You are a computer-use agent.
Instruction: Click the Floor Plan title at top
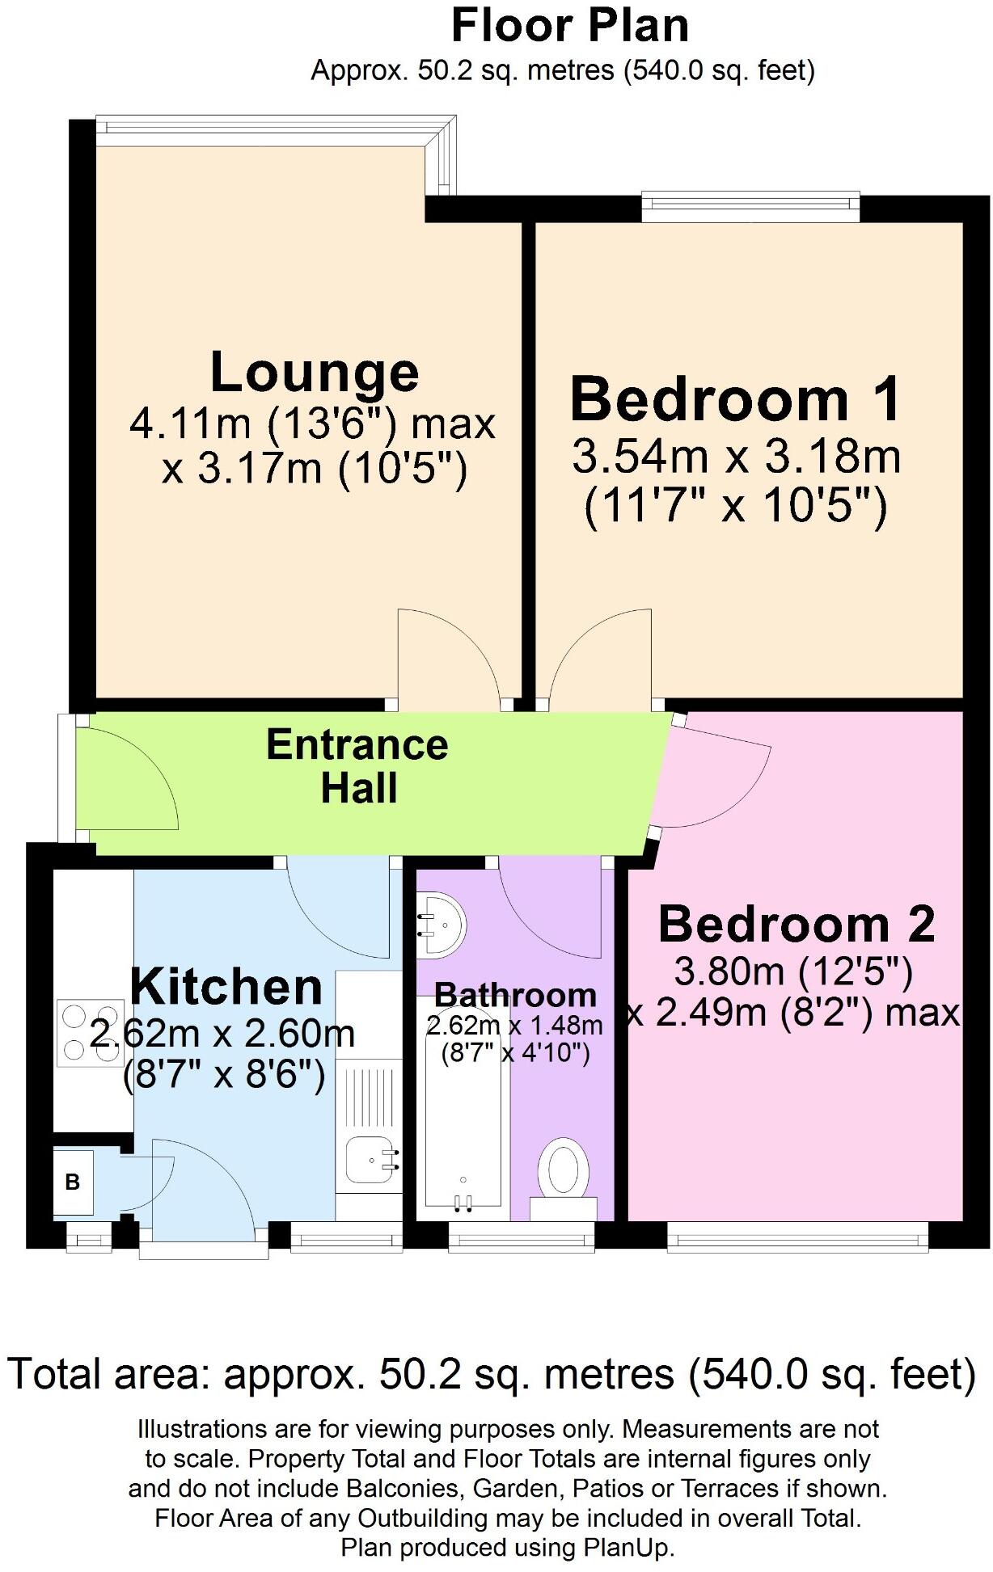pos(569,26)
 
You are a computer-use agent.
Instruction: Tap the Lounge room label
pos(314,372)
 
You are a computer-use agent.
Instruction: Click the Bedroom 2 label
pos(797,924)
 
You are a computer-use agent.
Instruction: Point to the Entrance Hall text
pos(357,766)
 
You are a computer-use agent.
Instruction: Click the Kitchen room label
pos(226,986)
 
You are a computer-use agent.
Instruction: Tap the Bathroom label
pos(515,994)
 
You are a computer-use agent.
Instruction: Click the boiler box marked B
pos(73,1182)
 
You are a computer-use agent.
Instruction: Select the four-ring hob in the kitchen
pos(90,1032)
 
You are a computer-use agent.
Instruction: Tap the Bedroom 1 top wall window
pos(750,206)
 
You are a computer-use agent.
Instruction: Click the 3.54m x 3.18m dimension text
pos(736,457)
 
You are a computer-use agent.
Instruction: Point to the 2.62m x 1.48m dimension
pos(514,1026)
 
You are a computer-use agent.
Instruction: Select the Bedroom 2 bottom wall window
pos(797,1235)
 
